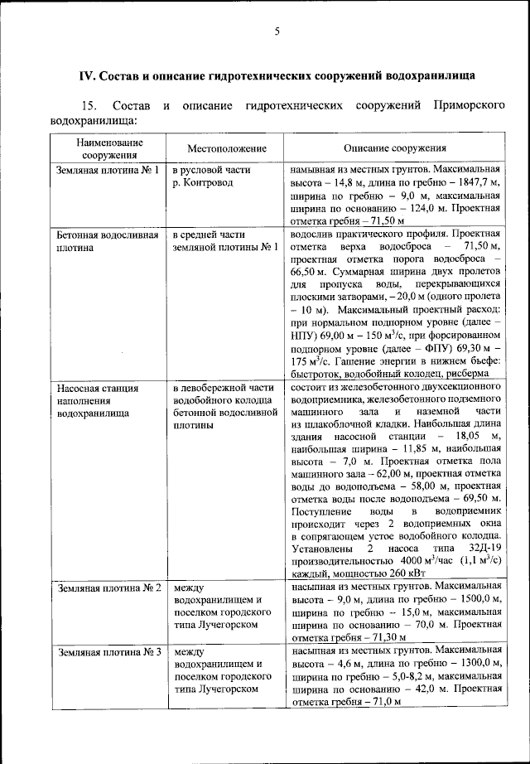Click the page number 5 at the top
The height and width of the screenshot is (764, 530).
[x=277, y=31]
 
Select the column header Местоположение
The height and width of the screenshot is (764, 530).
[x=226, y=148]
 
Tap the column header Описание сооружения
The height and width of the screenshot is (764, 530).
[x=392, y=148]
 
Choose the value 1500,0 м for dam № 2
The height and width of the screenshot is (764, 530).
[x=479, y=599]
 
